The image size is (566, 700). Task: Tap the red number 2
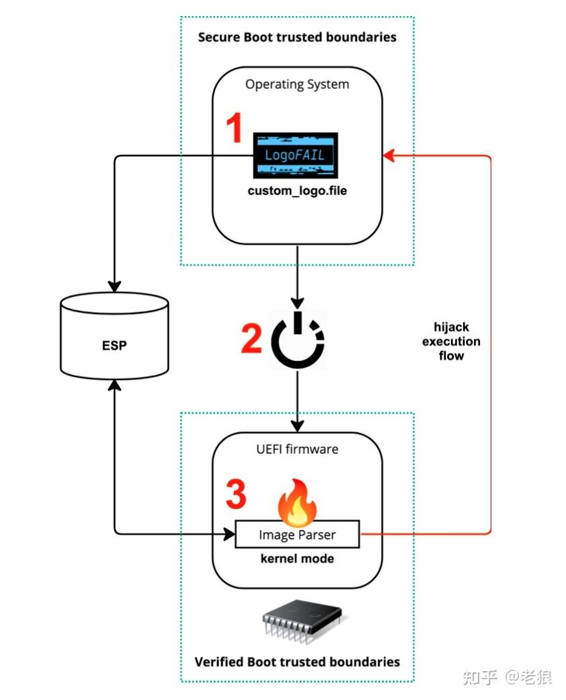click(x=251, y=338)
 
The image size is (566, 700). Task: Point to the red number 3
click(x=235, y=496)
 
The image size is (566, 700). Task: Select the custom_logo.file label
click(x=297, y=191)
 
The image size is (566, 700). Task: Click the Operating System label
click(x=297, y=85)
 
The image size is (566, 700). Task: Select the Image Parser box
click(x=297, y=535)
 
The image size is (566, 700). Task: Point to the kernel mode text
click(x=297, y=559)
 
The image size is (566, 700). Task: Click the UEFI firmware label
click(x=297, y=449)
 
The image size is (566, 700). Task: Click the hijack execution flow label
click(x=451, y=341)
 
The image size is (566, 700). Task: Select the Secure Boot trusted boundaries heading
click(x=297, y=37)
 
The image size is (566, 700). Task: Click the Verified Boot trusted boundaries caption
click(x=297, y=662)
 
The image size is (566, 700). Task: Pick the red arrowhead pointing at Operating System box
click(x=388, y=156)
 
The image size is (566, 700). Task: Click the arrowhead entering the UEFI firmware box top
click(x=297, y=427)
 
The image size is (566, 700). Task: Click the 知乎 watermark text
click(x=481, y=677)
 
